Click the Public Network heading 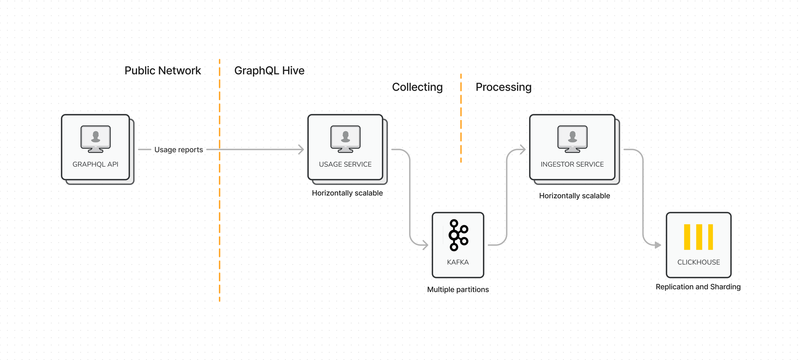(163, 71)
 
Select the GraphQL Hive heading (269, 71)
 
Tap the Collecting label (417, 87)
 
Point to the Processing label (503, 87)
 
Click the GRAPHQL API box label (95, 164)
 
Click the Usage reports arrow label (179, 150)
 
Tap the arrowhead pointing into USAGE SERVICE (301, 149)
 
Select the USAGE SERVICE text (345, 164)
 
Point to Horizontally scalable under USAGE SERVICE (347, 193)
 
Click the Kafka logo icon (458, 235)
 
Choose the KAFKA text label (458, 262)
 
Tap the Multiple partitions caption (458, 290)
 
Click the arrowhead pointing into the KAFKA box (425, 245)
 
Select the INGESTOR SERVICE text (572, 164)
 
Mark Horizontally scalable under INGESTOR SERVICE (574, 196)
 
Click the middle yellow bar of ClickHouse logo (699, 237)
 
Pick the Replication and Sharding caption (698, 287)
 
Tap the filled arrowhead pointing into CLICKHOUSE (658, 245)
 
